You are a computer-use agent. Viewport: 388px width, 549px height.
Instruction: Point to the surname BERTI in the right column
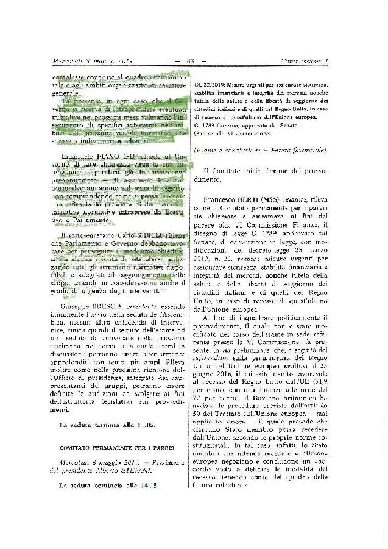tap(255, 199)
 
